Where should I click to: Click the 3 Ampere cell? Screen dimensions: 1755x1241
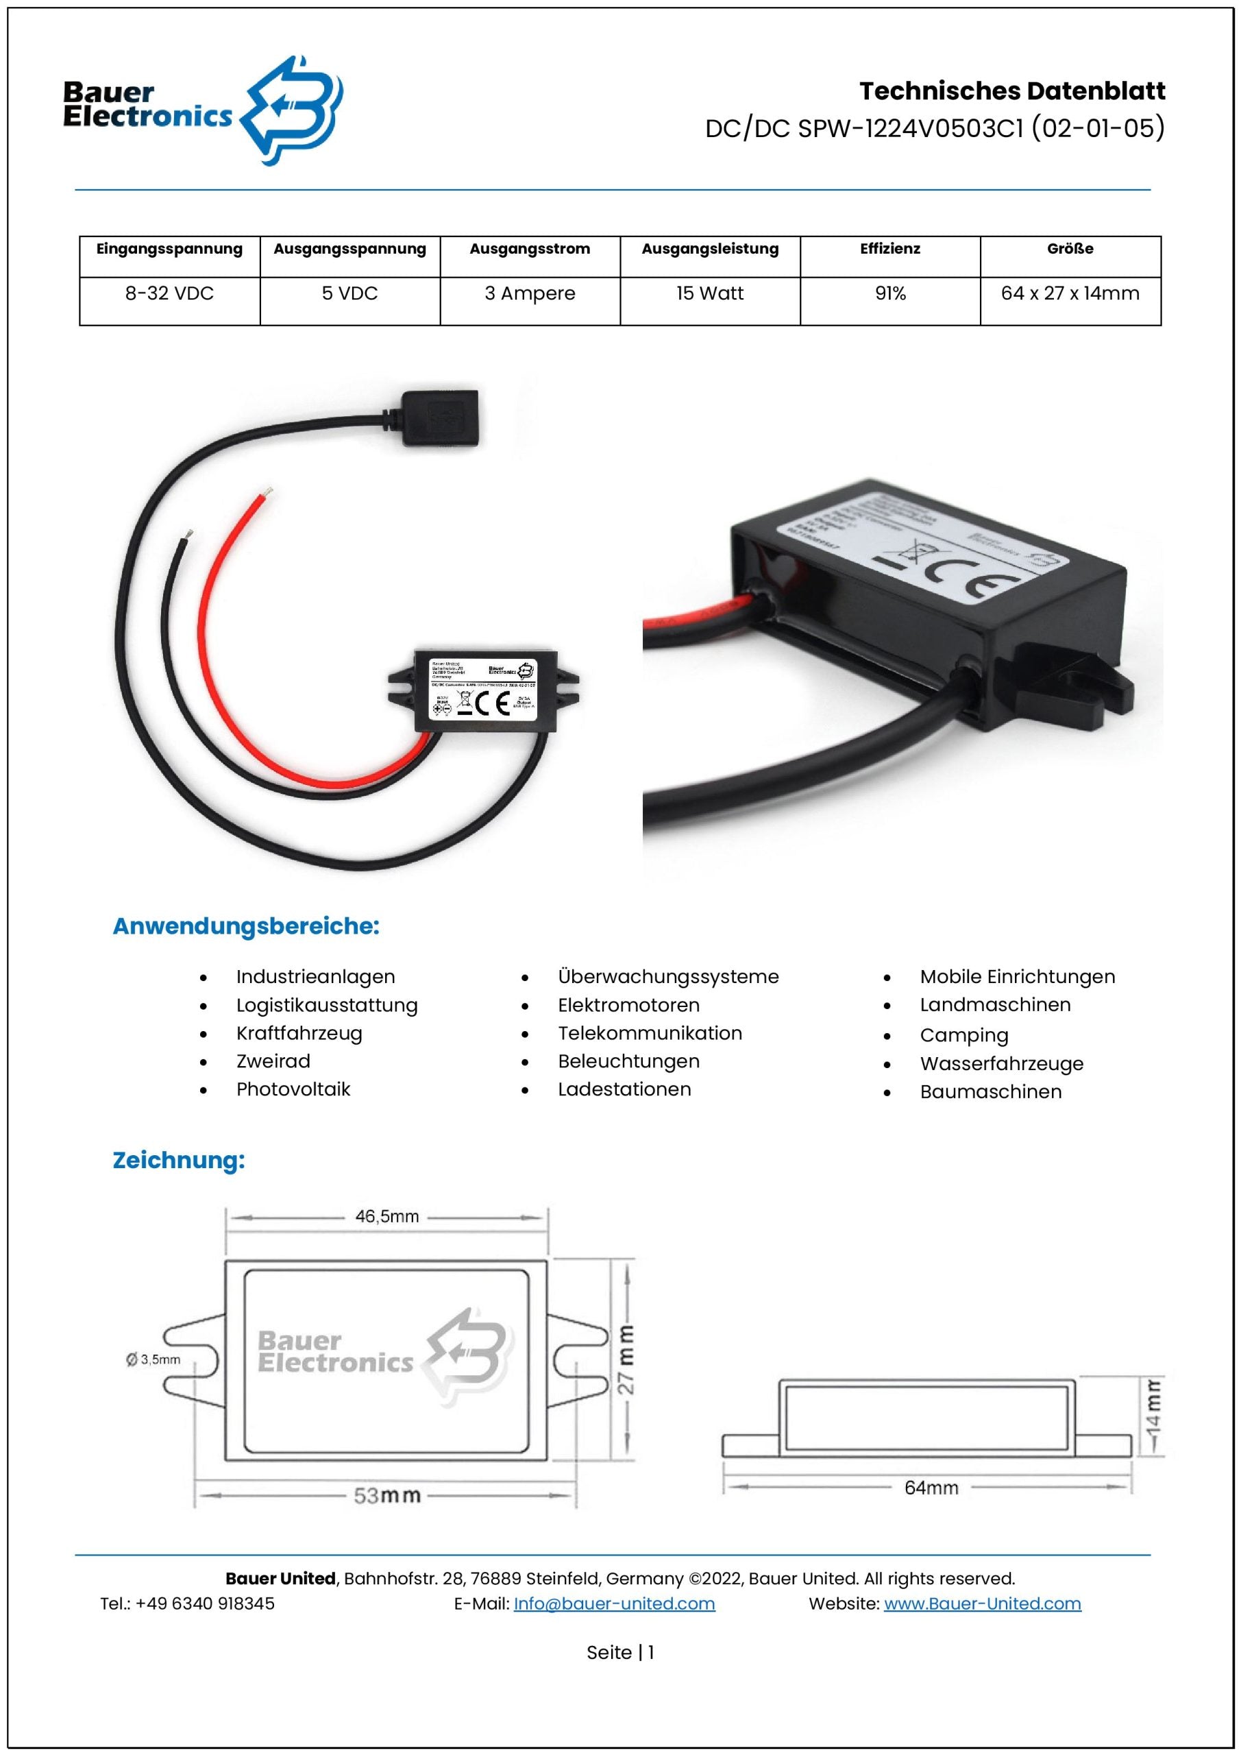tap(530, 293)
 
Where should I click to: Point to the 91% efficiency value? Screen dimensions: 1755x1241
tap(890, 293)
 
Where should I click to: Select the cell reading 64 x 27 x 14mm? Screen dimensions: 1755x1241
tap(1070, 293)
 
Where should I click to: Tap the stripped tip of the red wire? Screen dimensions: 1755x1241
tap(266, 491)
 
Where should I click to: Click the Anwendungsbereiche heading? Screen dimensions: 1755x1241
tap(245, 926)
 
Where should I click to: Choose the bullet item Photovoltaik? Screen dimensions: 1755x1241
tap(293, 1089)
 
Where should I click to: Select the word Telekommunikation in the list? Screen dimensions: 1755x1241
tap(650, 1033)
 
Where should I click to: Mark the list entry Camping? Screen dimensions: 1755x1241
tap(963, 1036)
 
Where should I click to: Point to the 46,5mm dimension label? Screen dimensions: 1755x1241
tap(386, 1217)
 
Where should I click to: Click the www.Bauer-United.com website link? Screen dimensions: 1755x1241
tap(982, 1603)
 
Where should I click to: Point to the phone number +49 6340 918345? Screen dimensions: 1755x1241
tap(205, 1603)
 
